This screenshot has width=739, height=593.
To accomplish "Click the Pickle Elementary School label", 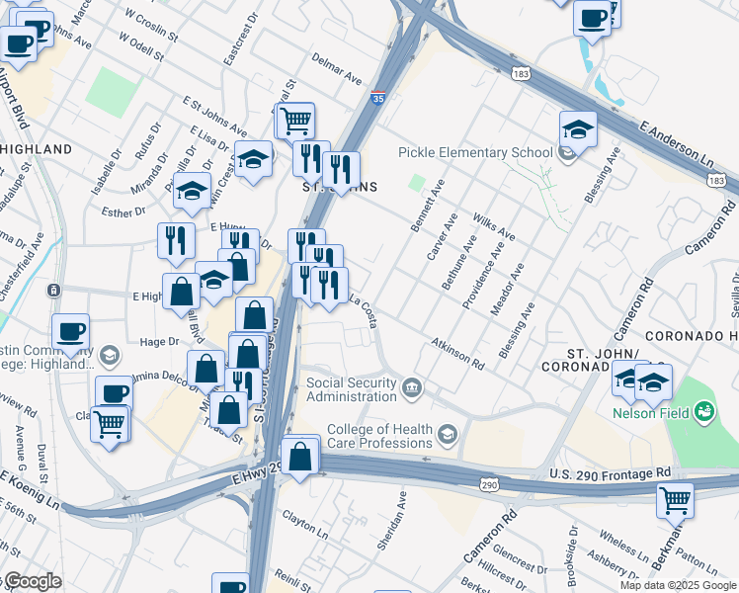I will [x=475, y=152].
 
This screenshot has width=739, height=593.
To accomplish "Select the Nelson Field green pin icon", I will [x=704, y=409].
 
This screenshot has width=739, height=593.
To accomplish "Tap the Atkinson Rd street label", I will [x=457, y=352].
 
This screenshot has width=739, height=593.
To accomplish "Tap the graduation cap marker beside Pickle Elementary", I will [x=578, y=129].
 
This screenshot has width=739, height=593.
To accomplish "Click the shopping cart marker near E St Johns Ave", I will [x=294, y=122].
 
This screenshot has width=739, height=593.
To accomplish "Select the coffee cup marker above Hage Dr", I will [x=70, y=332].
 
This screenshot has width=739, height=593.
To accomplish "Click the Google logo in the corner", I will [x=32, y=581].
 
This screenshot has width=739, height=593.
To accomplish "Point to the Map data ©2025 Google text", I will [x=678, y=585].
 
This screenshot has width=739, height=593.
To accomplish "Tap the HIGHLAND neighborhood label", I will [x=37, y=149].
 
